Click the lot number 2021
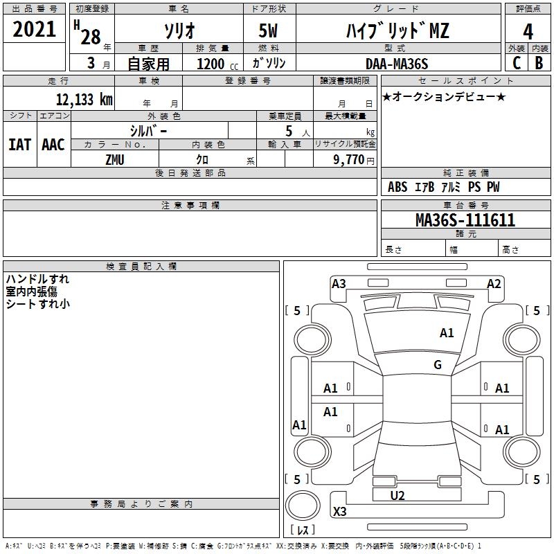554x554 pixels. click(35, 29)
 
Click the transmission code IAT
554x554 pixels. click(19, 144)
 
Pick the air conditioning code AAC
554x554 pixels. click(53, 144)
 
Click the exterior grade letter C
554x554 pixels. click(516, 63)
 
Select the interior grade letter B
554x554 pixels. click(539, 63)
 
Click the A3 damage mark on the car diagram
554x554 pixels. click(339, 283)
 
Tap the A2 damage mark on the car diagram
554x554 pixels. click(494, 283)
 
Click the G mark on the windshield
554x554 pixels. click(438, 365)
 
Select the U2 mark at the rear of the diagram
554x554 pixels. click(397, 495)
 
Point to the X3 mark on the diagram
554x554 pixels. click(339, 512)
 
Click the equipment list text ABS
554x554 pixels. click(397, 187)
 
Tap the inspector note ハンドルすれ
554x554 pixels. click(37, 279)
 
